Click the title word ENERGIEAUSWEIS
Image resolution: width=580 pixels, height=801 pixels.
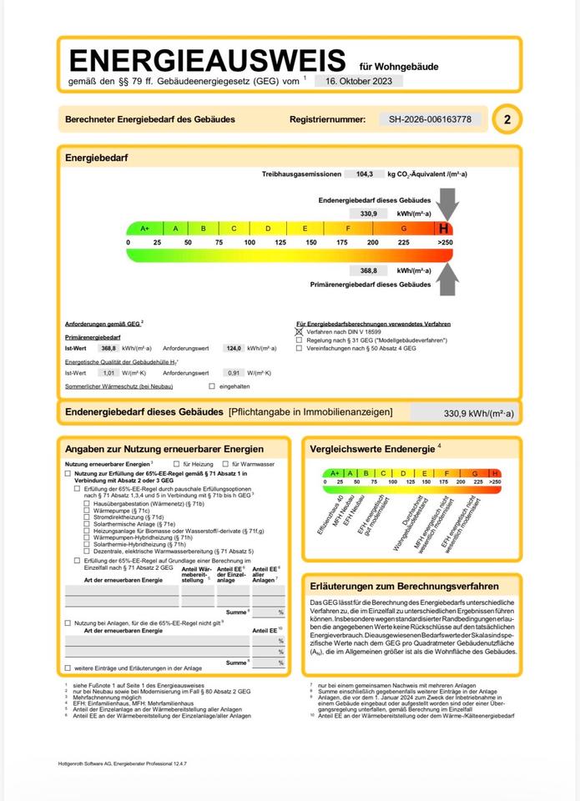[x=207, y=60]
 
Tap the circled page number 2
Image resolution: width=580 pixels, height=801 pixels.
[x=507, y=119]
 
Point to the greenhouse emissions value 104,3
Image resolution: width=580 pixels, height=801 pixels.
[x=364, y=174]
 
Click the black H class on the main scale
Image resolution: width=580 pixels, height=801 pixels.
[x=444, y=228]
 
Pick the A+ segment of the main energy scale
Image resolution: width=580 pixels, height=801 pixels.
[x=144, y=228]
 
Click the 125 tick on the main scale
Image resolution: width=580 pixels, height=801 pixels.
[x=280, y=242]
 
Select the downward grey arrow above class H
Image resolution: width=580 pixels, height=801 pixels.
[x=447, y=204]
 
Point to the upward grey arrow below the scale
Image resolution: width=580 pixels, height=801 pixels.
[x=447, y=278]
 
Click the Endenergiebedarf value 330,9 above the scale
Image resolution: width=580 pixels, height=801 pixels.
[x=369, y=214]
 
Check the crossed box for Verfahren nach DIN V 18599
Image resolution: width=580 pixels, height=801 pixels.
[x=300, y=331]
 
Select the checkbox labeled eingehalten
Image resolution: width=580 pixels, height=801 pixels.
[x=212, y=386]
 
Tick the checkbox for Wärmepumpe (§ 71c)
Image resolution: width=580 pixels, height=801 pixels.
[x=87, y=511]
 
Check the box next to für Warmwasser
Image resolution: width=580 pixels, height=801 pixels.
[x=225, y=463]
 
